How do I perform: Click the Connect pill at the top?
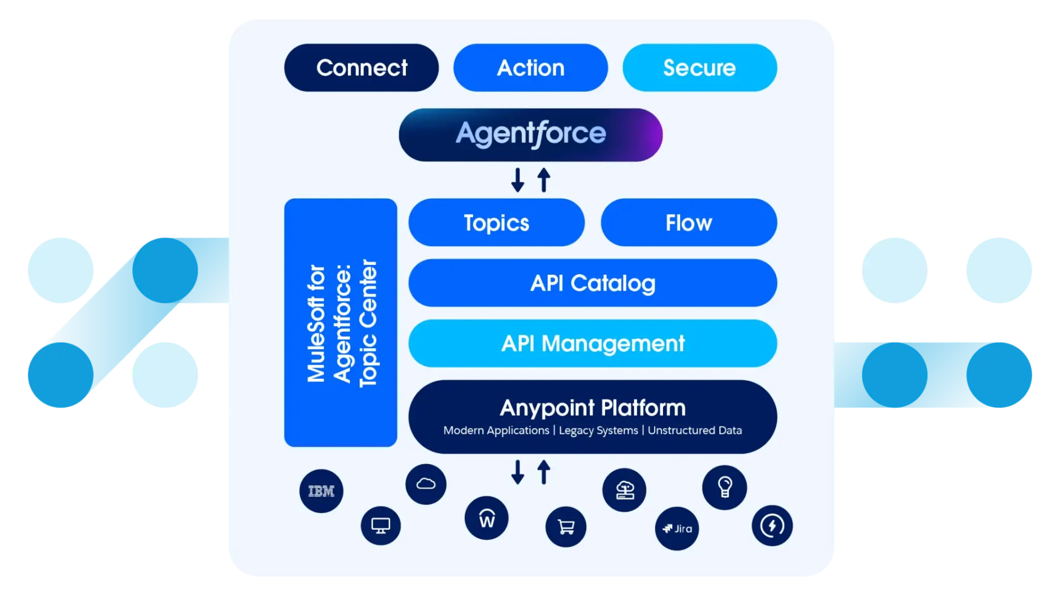362,68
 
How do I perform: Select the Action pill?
531,68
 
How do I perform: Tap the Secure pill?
699,68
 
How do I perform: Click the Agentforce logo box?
531,135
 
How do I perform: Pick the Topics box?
496,222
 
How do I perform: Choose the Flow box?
688,222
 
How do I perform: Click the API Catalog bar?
592,283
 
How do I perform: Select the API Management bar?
592,343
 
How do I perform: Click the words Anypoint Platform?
592,408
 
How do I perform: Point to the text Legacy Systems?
598,430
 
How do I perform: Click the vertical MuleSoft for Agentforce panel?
341,323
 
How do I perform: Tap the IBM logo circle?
321,491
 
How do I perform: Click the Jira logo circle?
677,529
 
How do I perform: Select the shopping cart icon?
566,527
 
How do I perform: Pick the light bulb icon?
724,487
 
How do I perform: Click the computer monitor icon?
381,525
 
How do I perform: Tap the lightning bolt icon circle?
772,525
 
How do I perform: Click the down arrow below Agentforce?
517,180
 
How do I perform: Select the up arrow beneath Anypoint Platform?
544,472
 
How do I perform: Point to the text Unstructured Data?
695,430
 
